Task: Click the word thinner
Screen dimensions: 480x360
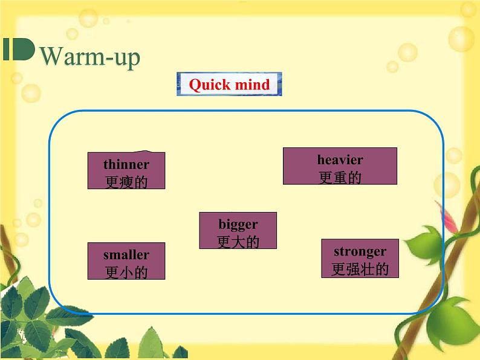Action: pyautogui.click(x=126, y=164)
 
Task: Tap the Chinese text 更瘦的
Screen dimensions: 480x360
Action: pyautogui.click(x=126, y=182)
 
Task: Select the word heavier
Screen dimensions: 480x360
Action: pyautogui.click(x=340, y=159)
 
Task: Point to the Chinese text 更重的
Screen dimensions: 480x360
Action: pyautogui.click(x=340, y=178)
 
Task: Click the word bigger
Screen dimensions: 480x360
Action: pyautogui.click(x=238, y=225)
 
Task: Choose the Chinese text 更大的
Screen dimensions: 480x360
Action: pyautogui.click(x=238, y=242)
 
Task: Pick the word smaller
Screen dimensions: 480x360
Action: pyautogui.click(x=126, y=255)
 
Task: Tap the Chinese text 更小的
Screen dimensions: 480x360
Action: pyautogui.click(x=126, y=272)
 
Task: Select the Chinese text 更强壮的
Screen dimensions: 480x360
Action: pyautogui.click(x=360, y=269)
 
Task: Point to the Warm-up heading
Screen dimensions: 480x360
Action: pyautogui.click(x=90, y=57)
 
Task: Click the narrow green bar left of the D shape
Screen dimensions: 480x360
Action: pyautogui.click(x=6, y=49)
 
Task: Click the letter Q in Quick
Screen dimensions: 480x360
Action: pyautogui.click(x=195, y=85)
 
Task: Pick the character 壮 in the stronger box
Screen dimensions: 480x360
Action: pyautogui.click(x=367, y=269)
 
